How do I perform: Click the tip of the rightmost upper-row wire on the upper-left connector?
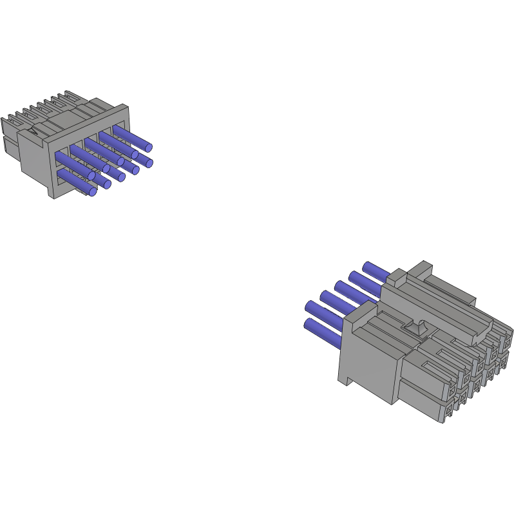click(x=148, y=146)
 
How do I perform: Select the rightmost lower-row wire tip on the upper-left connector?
click(x=149, y=163)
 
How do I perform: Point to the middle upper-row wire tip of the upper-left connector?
click(x=120, y=161)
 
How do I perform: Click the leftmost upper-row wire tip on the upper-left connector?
click(x=91, y=176)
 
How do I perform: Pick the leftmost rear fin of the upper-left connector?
click(x=6, y=122)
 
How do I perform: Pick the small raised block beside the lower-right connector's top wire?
click(x=396, y=278)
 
